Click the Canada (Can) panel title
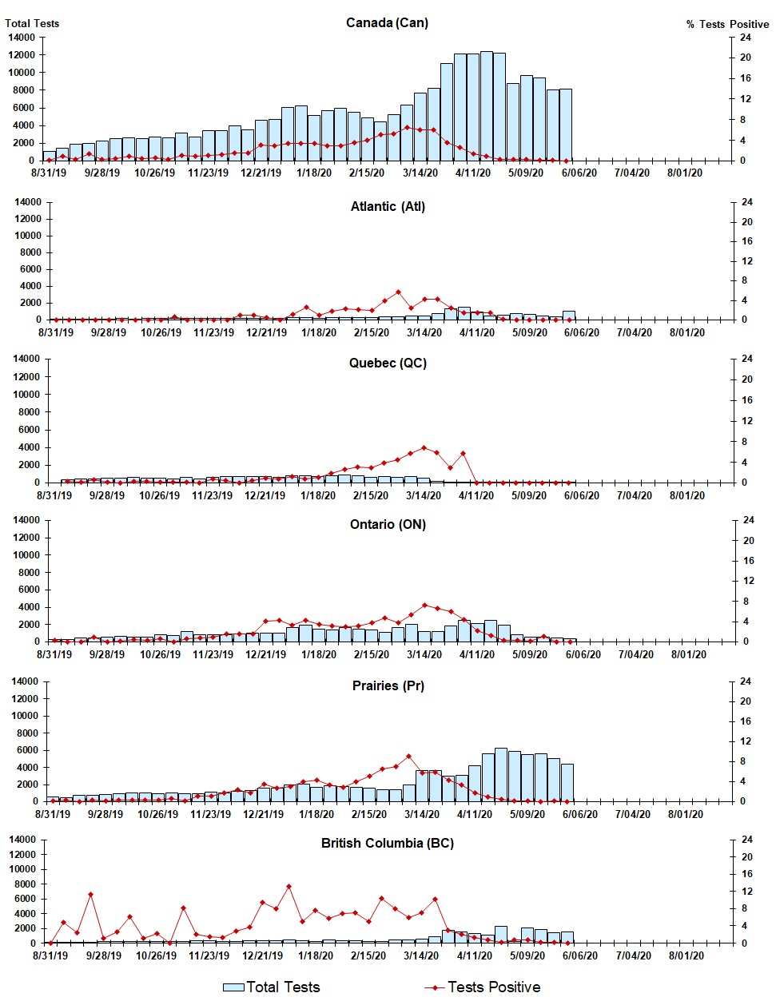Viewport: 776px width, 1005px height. point(387,23)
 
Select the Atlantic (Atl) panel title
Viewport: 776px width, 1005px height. point(388,206)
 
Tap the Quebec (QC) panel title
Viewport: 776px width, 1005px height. point(388,363)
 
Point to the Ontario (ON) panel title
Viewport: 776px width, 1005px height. point(388,524)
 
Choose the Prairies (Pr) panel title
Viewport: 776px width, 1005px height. point(388,685)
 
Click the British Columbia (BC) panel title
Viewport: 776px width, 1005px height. point(388,843)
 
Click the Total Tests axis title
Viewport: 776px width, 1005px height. point(32,23)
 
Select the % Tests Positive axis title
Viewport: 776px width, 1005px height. point(727,24)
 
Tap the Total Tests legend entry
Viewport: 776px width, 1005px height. point(272,987)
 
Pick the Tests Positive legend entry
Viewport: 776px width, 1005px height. point(483,987)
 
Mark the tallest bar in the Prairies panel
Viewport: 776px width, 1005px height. point(501,774)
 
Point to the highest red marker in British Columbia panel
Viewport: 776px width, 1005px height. point(289,886)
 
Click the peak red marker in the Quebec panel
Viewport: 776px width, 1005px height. point(424,447)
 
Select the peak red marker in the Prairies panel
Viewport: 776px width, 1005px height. point(408,756)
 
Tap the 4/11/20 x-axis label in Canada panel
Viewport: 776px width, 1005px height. point(473,173)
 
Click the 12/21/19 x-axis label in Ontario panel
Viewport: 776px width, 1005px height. point(265,654)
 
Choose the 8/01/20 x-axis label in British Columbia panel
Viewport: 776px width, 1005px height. point(685,955)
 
